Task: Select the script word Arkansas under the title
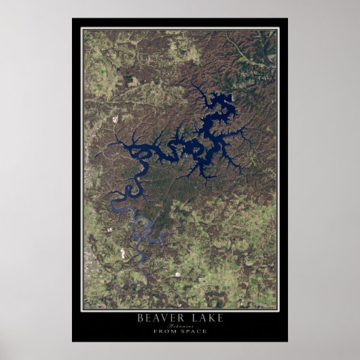[180, 325]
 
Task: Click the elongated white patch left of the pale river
[122, 253]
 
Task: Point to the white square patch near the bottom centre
[178, 274]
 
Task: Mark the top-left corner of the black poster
[73, 19]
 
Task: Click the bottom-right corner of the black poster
[287, 341]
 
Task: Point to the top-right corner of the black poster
[287, 19]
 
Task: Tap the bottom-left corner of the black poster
[73, 341]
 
